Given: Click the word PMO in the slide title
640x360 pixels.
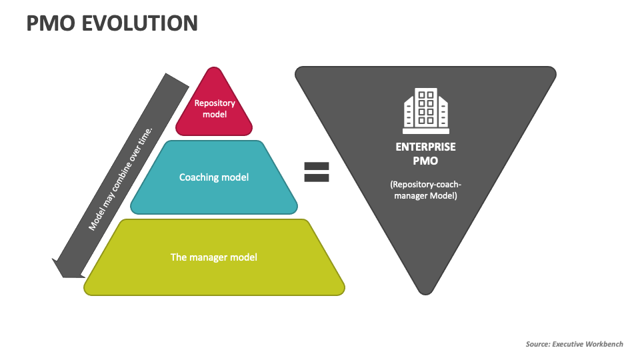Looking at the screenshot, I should (51, 23).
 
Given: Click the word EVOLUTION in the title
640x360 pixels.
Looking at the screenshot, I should (140, 23).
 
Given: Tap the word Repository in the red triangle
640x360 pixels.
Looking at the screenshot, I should (214, 103).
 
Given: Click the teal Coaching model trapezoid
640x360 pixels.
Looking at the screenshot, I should (214, 193).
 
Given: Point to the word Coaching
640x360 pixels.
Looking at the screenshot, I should (200, 177).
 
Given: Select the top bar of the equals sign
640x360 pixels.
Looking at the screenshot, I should (317, 165).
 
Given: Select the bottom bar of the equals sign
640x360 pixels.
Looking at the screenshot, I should (317, 178).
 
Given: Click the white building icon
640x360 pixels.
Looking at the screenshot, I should (426, 111).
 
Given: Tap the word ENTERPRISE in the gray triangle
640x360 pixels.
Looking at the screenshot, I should (425, 147).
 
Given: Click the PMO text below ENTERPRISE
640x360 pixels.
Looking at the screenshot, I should (425, 160).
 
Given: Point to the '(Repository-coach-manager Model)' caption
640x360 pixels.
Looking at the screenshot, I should (425, 190).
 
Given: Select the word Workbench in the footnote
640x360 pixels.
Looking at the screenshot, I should (604, 344).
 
